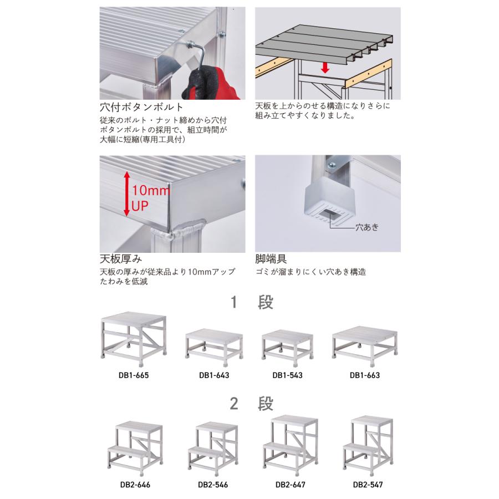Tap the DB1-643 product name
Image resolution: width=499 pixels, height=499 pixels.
214,375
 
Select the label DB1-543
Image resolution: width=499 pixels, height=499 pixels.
287,375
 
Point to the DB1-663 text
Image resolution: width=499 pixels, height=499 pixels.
365,375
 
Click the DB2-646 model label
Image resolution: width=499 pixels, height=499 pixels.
135,484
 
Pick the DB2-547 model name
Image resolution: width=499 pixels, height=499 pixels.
368,484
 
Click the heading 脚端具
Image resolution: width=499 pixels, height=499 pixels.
271,259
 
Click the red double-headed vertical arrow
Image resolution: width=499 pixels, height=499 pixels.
126,194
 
